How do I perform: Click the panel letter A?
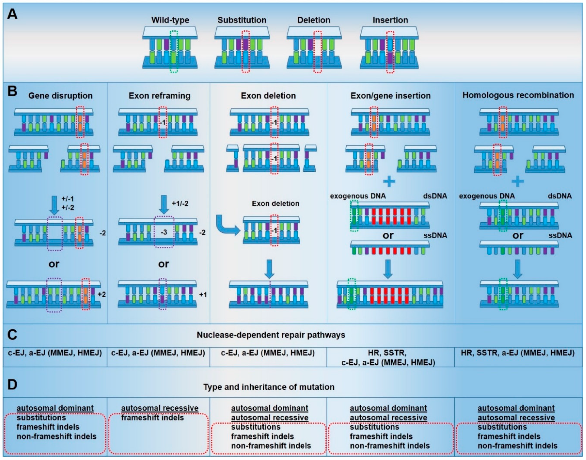tap(12, 14)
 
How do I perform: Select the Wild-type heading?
tap(170, 20)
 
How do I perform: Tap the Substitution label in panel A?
tap(242, 20)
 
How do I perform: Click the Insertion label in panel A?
tap(390, 20)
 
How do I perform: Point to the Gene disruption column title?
tap(60, 96)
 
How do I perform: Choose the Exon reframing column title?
tap(159, 96)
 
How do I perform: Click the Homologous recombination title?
tap(518, 95)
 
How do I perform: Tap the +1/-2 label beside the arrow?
tap(180, 203)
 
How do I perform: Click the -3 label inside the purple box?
tap(164, 232)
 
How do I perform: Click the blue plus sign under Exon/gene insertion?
tap(389, 181)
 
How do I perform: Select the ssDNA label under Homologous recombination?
tap(560, 235)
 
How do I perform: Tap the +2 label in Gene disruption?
tap(101, 294)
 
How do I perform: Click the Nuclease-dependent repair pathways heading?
tap(271, 335)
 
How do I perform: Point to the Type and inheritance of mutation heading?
tap(269, 387)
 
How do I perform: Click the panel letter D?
tap(12, 385)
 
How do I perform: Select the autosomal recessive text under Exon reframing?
tap(160, 408)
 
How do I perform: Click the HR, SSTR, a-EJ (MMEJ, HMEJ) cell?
tap(518, 353)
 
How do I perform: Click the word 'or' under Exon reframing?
tap(164, 264)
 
